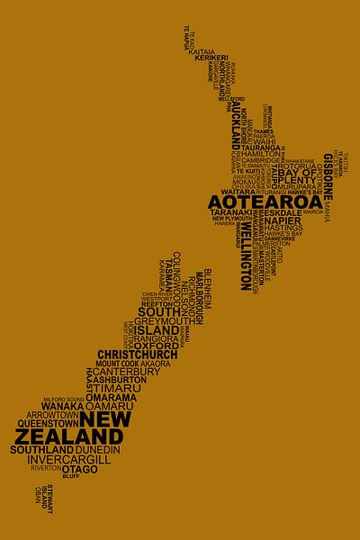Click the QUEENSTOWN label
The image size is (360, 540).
click(x=41, y=421)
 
